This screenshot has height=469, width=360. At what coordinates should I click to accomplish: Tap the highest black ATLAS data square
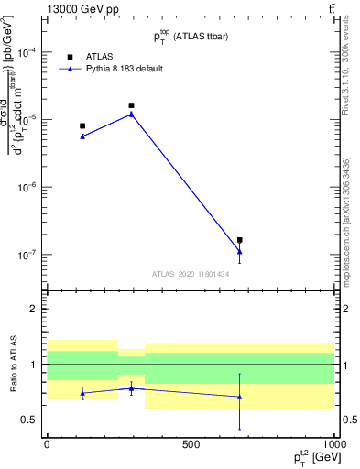(132, 105)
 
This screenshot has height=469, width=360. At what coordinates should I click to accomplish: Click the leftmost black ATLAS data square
(82, 126)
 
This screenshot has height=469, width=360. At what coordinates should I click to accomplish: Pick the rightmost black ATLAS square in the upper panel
(240, 240)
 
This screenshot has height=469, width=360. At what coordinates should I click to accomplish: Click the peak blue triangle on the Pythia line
(132, 114)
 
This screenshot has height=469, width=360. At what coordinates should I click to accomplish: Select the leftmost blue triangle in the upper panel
(82, 136)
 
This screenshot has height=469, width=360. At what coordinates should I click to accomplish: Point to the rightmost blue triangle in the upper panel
(240, 251)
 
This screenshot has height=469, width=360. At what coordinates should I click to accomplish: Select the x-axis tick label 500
(191, 445)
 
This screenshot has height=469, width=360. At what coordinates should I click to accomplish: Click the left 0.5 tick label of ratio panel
(30, 420)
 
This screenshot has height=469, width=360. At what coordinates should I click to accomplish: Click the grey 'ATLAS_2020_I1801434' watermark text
(191, 274)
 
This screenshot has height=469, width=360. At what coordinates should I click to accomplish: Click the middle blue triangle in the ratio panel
(132, 388)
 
